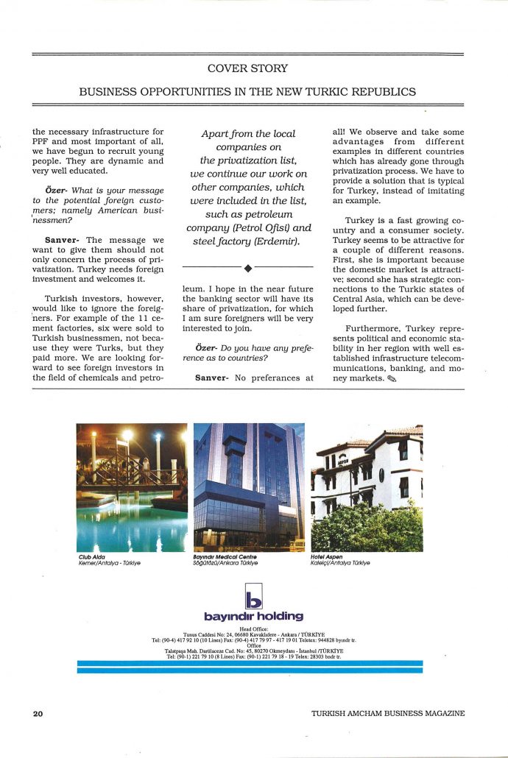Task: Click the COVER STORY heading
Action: pyautogui.click(x=247, y=68)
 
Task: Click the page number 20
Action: pyautogui.click(x=38, y=713)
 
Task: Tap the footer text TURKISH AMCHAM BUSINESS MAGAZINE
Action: pyautogui.click(x=388, y=713)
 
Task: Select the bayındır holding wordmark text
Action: pyautogui.click(x=253, y=616)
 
